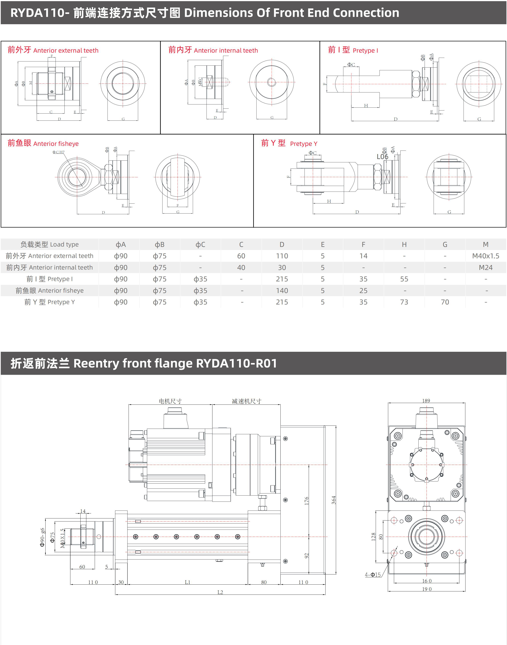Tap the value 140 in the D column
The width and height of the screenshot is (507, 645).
tap(282, 291)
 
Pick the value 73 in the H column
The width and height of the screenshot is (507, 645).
tap(404, 302)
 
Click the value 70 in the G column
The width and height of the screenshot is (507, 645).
tap(445, 302)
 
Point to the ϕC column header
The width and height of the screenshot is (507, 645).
tap(200, 245)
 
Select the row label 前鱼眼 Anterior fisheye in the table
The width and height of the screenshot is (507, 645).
tap(50, 291)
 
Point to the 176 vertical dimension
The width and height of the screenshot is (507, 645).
tap(307, 501)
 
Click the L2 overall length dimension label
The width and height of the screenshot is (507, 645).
tap(220, 592)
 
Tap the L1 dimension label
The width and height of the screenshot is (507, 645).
tap(187, 582)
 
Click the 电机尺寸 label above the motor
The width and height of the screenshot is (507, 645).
tap(170, 401)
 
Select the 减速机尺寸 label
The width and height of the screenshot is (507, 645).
tap(246, 401)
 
